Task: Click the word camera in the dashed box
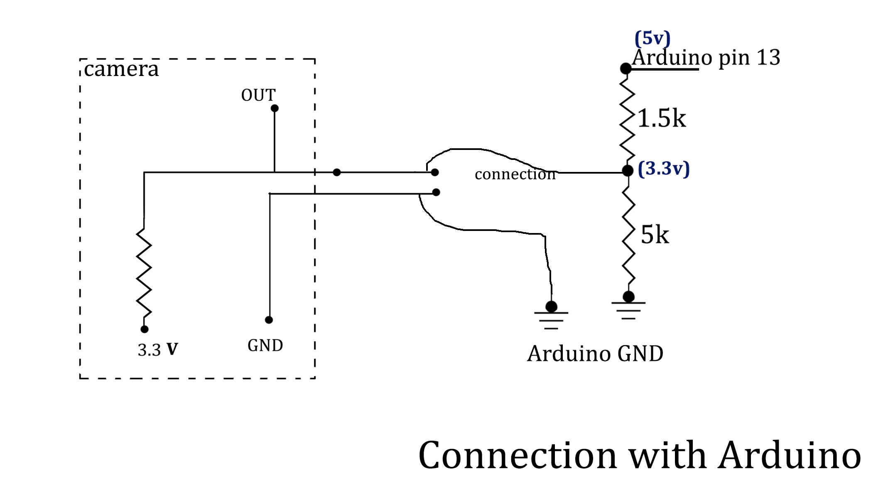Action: (121, 69)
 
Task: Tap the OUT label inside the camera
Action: (258, 95)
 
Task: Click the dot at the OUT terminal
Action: (275, 108)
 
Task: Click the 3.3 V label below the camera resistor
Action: (158, 350)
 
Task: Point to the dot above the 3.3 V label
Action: (145, 329)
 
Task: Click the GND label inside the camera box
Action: (265, 346)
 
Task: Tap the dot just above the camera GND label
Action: (269, 320)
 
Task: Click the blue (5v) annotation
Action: (653, 38)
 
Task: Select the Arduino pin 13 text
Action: (706, 57)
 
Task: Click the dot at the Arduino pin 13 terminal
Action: (626, 69)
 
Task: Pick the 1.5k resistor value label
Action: (661, 118)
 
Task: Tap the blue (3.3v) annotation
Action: (664, 169)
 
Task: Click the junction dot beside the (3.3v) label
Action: (628, 170)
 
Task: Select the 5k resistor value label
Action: (655, 235)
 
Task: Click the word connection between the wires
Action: (515, 174)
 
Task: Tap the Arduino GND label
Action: (595, 354)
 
